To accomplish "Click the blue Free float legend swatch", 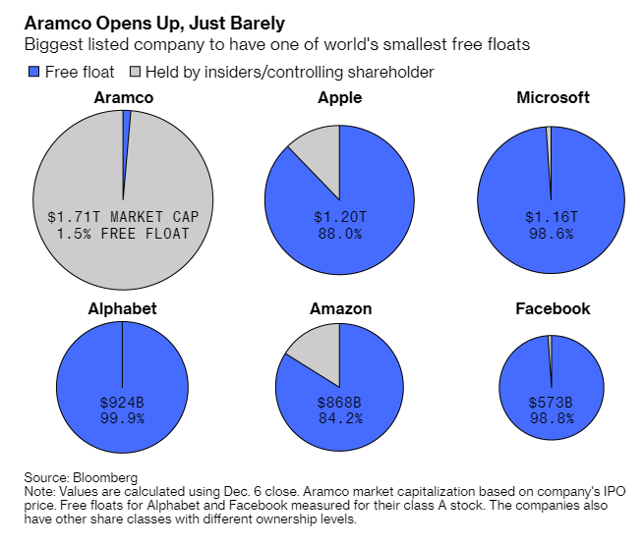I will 33,72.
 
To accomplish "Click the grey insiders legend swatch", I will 137,72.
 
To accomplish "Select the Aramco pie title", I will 123,97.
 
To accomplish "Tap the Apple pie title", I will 339,97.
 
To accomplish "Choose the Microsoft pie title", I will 553,97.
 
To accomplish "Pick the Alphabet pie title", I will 122,308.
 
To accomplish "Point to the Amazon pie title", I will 340,308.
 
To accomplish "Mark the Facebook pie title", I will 553,308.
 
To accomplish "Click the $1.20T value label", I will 340,215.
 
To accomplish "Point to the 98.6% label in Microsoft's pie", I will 551,234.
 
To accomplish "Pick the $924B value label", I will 122,403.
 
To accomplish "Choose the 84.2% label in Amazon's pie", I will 340,418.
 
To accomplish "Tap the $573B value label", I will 551,403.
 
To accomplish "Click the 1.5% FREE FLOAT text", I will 122,234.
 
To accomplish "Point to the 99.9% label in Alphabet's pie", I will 122,418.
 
